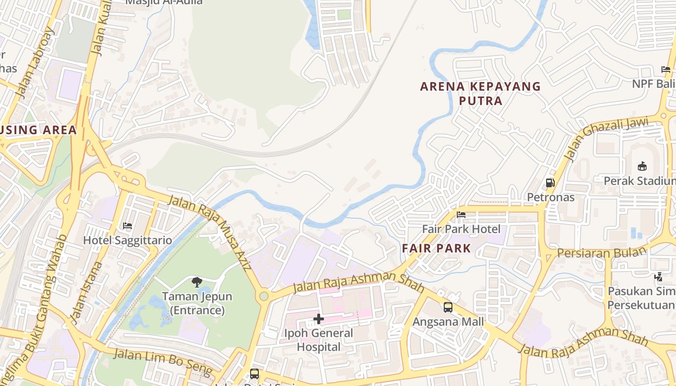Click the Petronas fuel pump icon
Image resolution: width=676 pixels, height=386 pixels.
click(549, 183)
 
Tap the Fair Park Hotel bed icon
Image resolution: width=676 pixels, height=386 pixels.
click(461, 215)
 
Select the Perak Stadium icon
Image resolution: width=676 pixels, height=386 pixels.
click(642, 166)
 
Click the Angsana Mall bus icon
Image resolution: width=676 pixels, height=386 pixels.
click(448, 307)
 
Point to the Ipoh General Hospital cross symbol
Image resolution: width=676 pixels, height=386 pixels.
click(319, 318)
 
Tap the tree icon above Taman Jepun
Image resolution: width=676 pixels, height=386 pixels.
click(197, 282)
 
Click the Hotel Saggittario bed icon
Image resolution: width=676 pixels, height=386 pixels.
click(127, 226)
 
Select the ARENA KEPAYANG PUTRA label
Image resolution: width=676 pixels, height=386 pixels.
click(480, 93)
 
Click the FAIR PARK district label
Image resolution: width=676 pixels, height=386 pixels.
click(436, 248)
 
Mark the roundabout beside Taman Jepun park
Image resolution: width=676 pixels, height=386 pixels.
click(264, 296)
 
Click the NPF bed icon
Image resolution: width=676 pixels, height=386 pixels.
click(666, 69)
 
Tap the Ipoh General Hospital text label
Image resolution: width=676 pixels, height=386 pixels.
click(319, 340)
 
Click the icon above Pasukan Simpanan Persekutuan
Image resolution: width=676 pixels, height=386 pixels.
click(658, 277)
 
